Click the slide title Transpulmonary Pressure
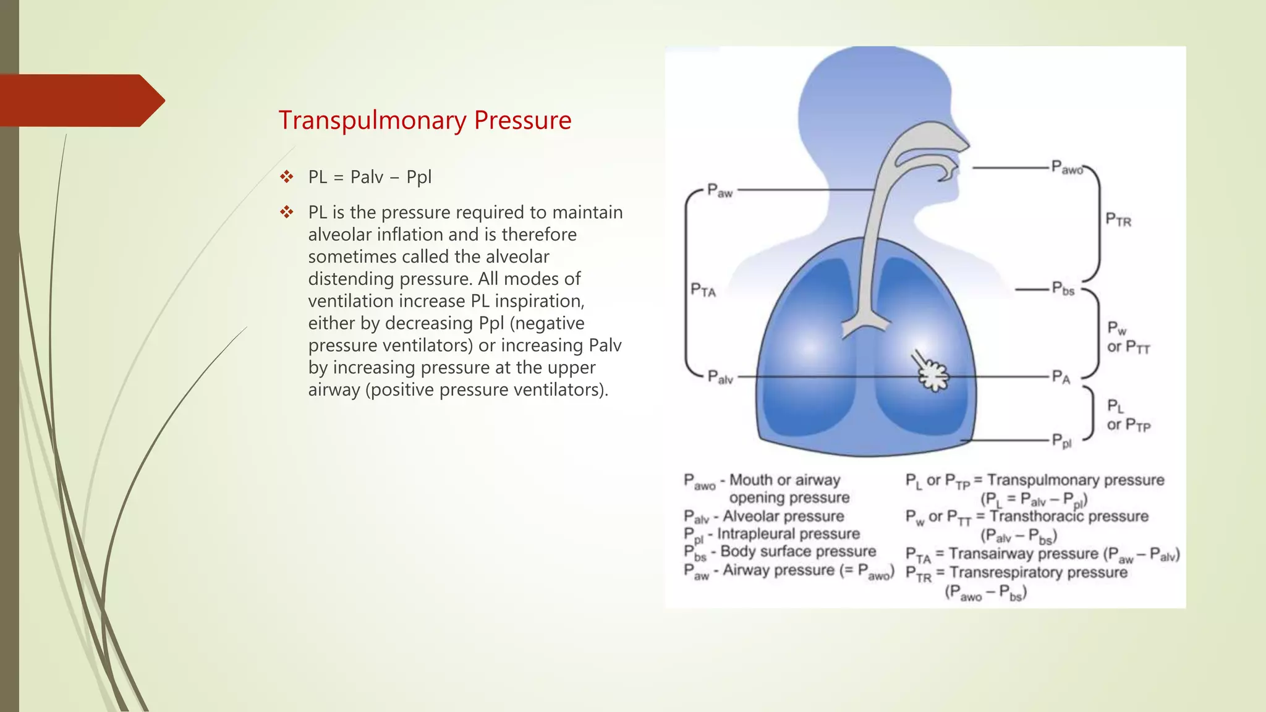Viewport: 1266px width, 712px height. pos(425,121)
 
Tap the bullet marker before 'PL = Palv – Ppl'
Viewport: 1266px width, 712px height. pos(286,177)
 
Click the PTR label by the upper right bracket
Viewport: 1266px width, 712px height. pos(1118,220)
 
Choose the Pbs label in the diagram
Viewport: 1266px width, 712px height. pos(1064,289)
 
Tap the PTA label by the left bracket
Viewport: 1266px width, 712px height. pos(703,290)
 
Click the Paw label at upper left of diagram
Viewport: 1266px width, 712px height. pos(720,191)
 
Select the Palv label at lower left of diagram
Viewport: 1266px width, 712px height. pos(720,377)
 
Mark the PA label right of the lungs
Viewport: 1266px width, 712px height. pos(1061,377)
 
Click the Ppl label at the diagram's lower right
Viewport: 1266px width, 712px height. pos(1061,441)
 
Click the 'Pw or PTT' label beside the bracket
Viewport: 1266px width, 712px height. pos(1128,337)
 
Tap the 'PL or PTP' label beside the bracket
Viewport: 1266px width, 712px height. pos(1128,415)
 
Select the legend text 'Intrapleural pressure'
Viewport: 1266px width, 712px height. pos(788,534)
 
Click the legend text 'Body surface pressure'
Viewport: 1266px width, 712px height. pos(798,551)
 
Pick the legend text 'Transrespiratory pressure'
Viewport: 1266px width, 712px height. pos(1039,572)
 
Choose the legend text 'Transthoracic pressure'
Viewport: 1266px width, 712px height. pos(1069,516)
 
